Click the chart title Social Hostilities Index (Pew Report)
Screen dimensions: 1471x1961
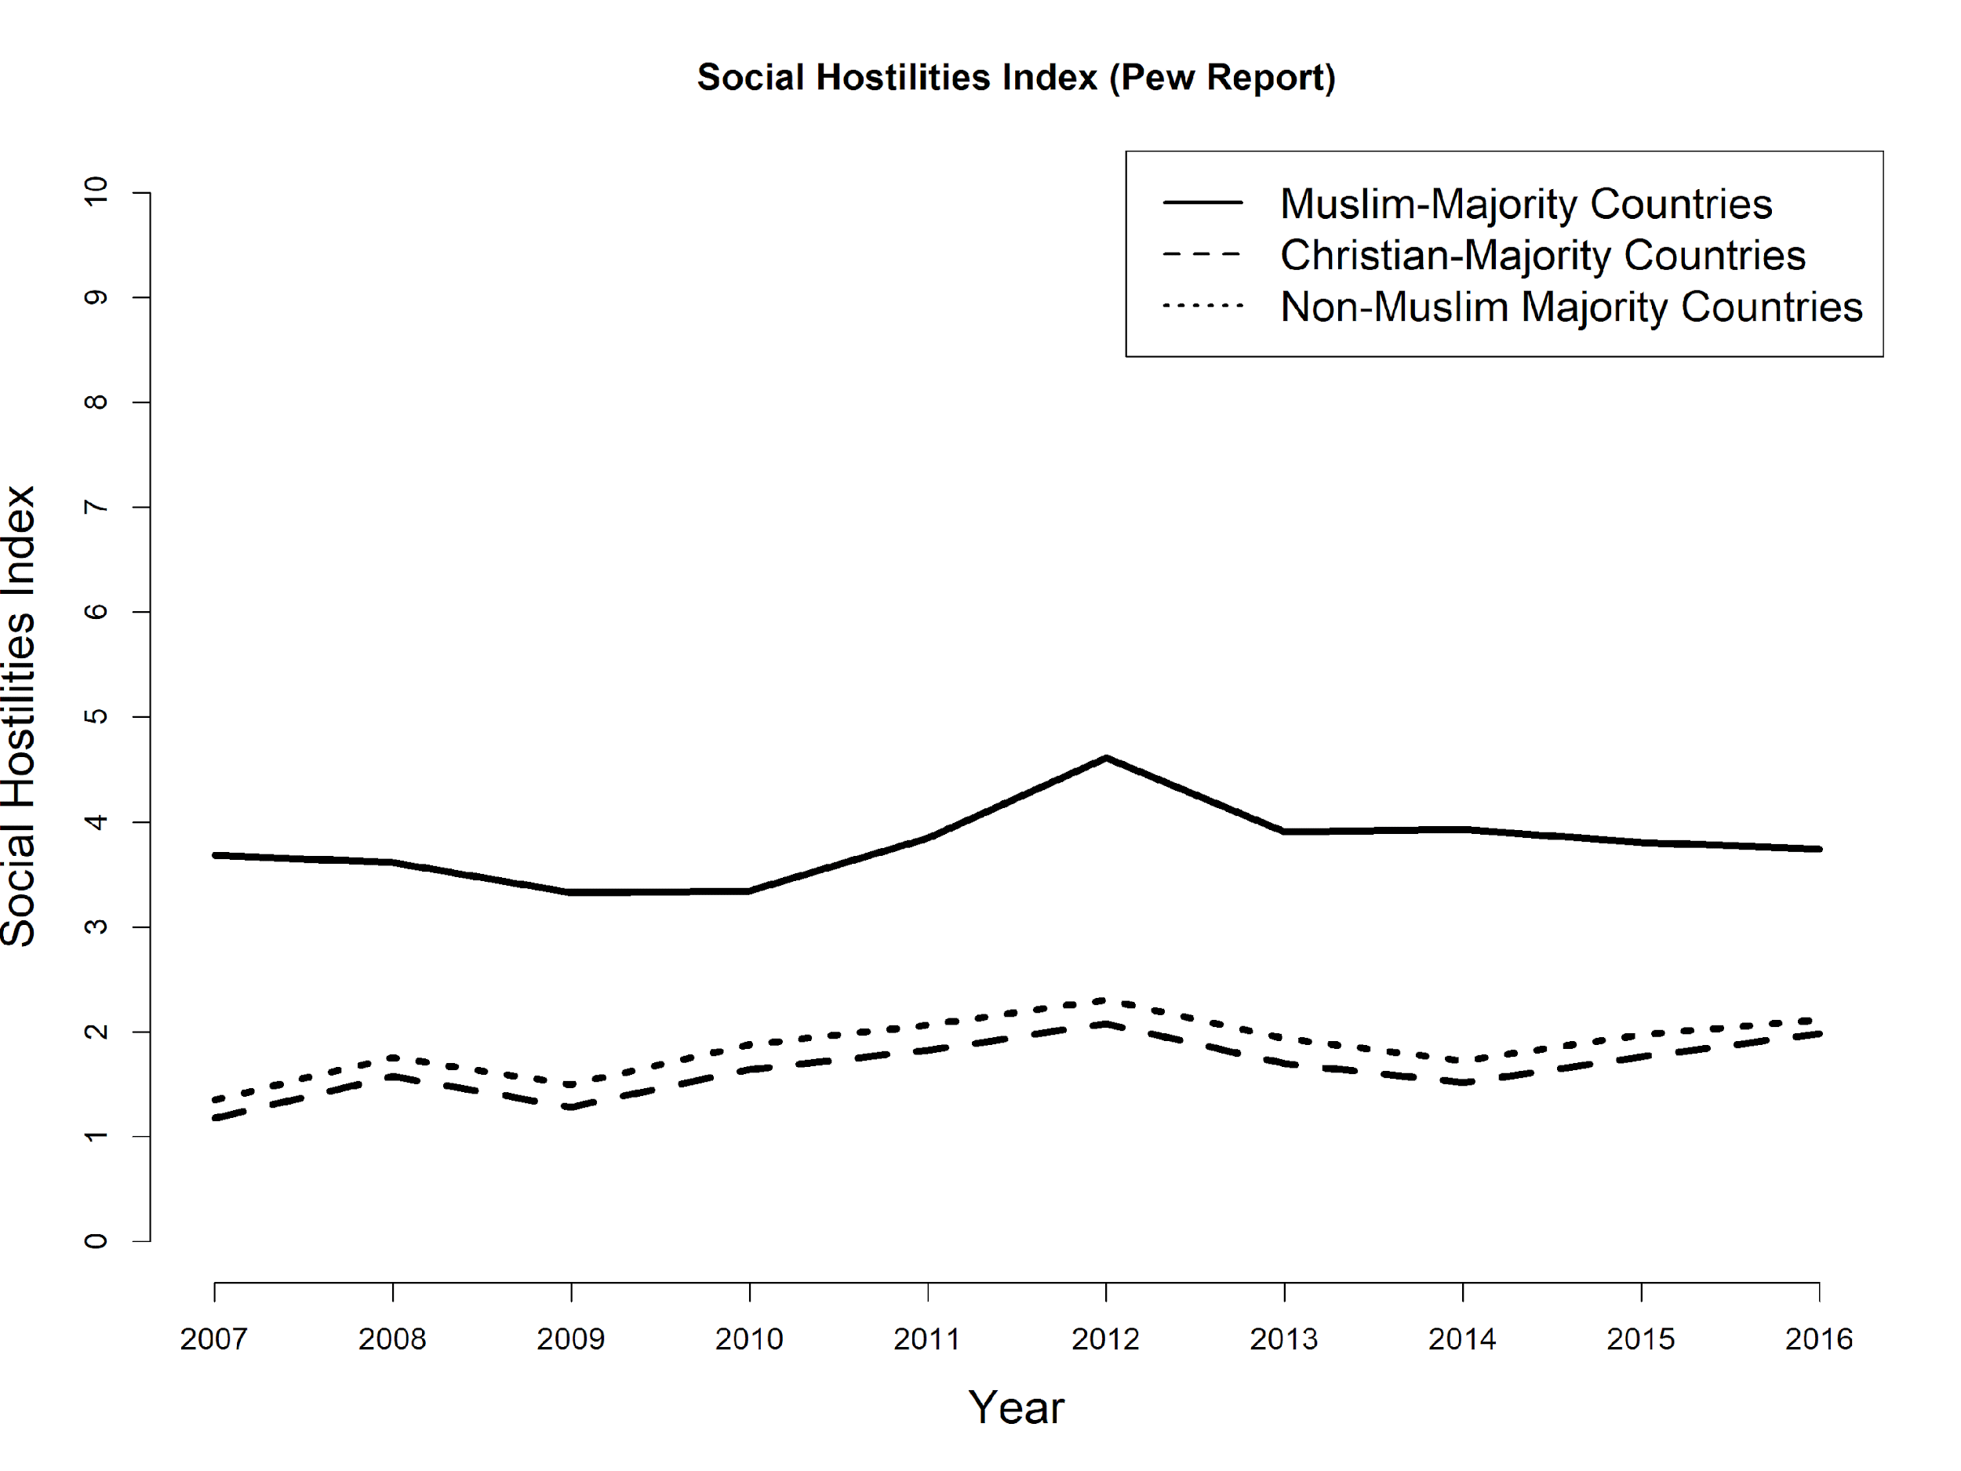click(1016, 78)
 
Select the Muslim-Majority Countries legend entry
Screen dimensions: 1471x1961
click(1526, 204)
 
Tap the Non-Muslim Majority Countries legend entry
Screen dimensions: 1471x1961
click(1571, 307)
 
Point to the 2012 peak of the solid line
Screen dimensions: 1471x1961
click(1106, 758)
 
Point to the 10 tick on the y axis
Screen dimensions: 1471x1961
click(96, 191)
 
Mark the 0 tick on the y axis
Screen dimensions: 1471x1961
click(96, 1240)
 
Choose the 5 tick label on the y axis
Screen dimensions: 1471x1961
click(96, 716)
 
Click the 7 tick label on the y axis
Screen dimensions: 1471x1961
click(96, 506)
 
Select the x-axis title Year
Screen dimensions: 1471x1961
click(1016, 1408)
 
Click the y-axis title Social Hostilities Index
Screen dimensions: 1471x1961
click(20, 716)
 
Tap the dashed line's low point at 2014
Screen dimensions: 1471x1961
click(1463, 1083)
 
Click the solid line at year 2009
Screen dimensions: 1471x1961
click(571, 892)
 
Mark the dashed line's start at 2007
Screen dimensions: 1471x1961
click(216, 1118)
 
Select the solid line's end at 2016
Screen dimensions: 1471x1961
click(1818, 850)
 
